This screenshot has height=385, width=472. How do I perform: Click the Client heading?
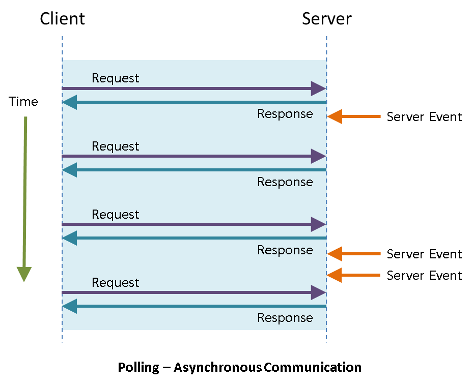(62, 19)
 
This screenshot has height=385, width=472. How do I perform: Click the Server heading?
(326, 19)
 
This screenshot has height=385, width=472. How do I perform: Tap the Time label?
(23, 102)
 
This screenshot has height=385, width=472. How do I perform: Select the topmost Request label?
(115, 78)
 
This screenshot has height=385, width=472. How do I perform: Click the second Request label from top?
(115, 146)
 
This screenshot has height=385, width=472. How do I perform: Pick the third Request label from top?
(115, 214)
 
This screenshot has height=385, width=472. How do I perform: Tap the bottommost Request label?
(115, 282)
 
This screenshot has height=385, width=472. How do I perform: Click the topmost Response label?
(285, 114)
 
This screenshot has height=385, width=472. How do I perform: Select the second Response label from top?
(285, 182)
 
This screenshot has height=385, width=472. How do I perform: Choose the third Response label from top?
(285, 250)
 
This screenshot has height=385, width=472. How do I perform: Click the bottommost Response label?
(285, 318)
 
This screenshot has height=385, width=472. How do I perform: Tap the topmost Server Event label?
(424, 117)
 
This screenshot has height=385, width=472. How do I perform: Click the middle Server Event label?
(424, 254)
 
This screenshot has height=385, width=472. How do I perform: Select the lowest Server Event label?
(424, 276)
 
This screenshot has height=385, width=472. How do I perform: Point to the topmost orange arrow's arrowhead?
(334, 117)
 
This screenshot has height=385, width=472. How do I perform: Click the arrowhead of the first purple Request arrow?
(318, 88)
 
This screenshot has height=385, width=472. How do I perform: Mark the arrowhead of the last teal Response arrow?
(70, 306)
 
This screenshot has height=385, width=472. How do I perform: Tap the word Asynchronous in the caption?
(217, 367)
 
